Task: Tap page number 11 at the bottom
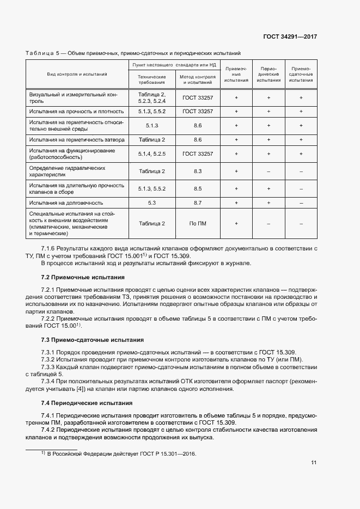point(314,463)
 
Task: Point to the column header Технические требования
point(152,79)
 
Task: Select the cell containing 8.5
point(197,188)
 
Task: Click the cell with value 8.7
point(197,203)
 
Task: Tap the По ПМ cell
point(197,223)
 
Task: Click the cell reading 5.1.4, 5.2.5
point(152,154)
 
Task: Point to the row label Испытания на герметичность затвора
point(77,139)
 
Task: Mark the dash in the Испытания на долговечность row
point(301,203)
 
